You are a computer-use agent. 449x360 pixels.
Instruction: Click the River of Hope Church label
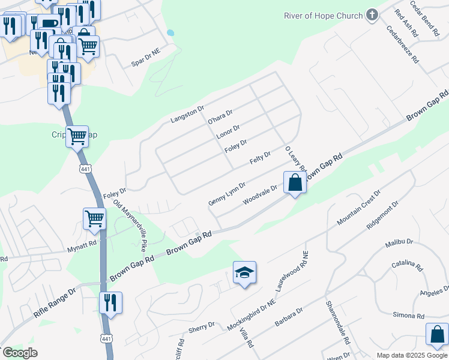point(323,16)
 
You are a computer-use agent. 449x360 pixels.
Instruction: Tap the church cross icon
point(372,15)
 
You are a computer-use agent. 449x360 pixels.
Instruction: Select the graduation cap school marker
point(244,273)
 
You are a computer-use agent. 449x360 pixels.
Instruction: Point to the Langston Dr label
point(188,112)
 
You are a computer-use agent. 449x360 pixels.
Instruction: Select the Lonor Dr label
point(228,132)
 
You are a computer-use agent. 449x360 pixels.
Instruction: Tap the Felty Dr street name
point(260,158)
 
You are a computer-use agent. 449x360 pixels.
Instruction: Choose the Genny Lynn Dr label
point(227,193)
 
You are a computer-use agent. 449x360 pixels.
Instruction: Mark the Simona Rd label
point(408,316)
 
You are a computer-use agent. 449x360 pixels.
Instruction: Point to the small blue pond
point(170,32)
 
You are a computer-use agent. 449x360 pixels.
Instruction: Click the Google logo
point(19,352)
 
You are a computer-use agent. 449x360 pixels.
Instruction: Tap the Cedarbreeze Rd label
point(403,45)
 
